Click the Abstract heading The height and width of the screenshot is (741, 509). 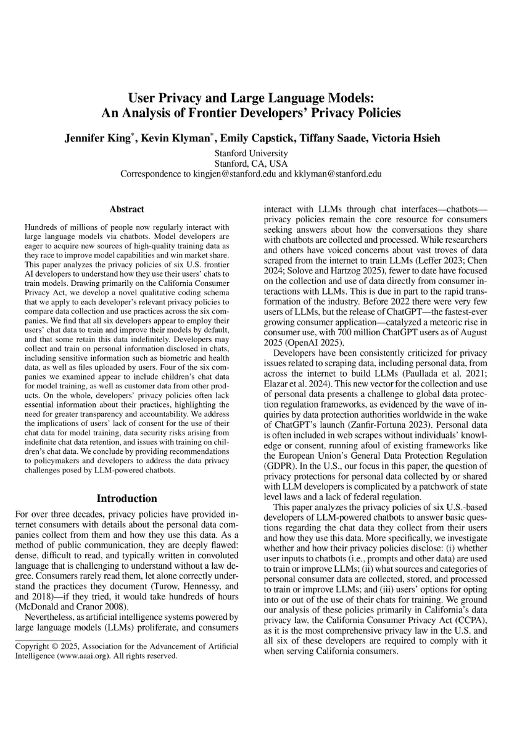pyautogui.click(x=126, y=209)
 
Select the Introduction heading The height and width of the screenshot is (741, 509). pyautogui.click(x=127, y=498)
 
